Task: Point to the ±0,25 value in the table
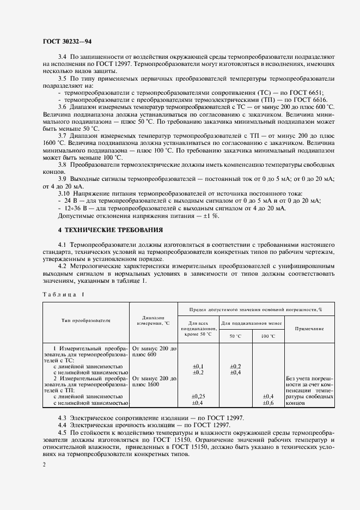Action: tap(198, 396)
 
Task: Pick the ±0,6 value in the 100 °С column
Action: tap(268, 403)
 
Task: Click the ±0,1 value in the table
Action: tap(198, 366)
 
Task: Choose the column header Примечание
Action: tap(309, 329)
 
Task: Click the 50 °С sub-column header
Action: tap(235, 336)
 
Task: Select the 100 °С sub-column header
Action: tap(268, 336)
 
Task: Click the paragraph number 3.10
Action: tap(64, 193)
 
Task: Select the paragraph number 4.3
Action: tap(63, 417)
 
